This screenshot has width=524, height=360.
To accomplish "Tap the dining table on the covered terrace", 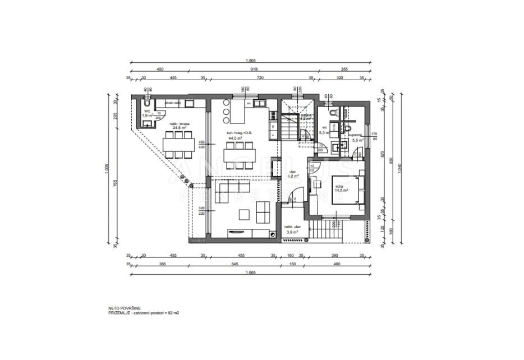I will [x=179, y=145].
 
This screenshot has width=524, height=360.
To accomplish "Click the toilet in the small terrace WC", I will [x=145, y=105].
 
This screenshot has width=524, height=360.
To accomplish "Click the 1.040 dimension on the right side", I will [x=399, y=167].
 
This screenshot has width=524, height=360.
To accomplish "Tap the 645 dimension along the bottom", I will [x=236, y=264].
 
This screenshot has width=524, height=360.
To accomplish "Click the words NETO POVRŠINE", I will [x=125, y=308].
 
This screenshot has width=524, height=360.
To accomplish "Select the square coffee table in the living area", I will [x=245, y=214].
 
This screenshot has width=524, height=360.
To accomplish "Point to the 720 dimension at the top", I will [x=260, y=79].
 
